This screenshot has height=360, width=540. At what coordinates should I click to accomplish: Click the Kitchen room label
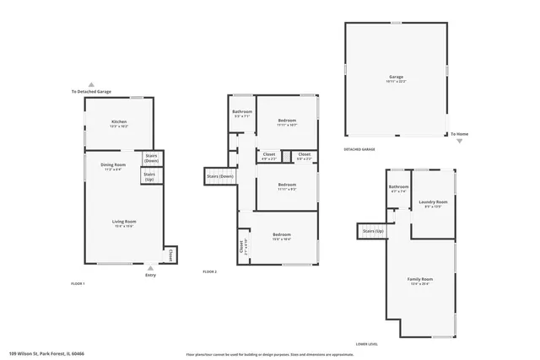coord(119,123)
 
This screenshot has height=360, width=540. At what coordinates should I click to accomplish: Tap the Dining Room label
coord(114,166)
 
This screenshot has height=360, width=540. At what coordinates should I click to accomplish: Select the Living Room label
coord(124,223)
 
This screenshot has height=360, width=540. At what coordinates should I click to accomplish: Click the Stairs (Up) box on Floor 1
coord(149,177)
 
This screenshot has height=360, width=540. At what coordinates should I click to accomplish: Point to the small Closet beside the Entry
coord(170,253)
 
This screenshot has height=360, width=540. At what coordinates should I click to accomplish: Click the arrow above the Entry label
coord(150,268)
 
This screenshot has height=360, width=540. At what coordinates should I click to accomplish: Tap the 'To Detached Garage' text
coord(91,91)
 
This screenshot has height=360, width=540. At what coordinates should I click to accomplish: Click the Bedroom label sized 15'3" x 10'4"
coord(281,236)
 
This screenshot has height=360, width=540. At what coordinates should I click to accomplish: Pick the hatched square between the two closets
coord(286,155)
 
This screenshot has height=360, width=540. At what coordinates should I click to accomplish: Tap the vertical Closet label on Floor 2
coord(241,247)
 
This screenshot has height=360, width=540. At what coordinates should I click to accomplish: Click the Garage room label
coord(396,78)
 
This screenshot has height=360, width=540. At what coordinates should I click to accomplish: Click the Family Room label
coord(420,281)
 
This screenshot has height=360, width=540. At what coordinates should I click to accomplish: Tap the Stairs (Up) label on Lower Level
coord(372,230)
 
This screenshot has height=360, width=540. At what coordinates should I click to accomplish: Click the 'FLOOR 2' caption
coord(210,271)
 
